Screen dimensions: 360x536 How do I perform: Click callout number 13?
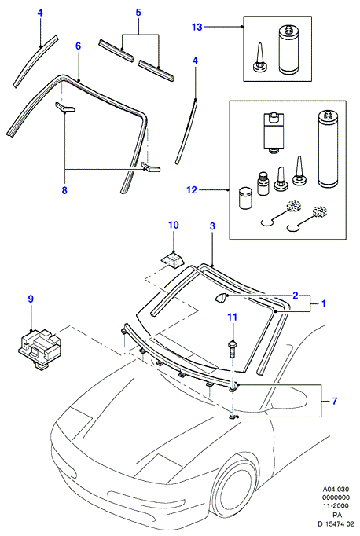pos(197,27)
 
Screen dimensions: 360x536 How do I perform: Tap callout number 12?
pos(192,189)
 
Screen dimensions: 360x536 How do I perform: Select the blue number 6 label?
pos(79,46)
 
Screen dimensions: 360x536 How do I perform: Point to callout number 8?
pos(64,190)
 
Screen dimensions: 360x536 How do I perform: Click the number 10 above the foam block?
pos(174,225)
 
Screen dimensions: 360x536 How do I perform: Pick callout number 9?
pos(31,299)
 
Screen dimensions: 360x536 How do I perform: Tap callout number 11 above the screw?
pos(233,317)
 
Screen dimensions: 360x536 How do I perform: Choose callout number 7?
pos(334,401)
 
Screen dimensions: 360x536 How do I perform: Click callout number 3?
pos(212,226)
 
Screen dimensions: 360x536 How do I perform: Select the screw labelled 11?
pos(233,348)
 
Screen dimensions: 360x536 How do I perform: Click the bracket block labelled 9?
pos(39,349)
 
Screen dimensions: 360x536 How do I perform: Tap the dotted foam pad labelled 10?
pos(172,258)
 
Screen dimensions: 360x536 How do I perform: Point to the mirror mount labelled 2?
pos(221,298)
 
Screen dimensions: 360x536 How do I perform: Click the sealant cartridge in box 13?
pos(289,50)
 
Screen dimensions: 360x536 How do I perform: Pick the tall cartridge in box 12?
pos(329,149)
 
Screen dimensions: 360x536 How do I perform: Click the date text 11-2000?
pos(336,505)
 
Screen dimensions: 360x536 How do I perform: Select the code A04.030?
pos(336,490)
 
